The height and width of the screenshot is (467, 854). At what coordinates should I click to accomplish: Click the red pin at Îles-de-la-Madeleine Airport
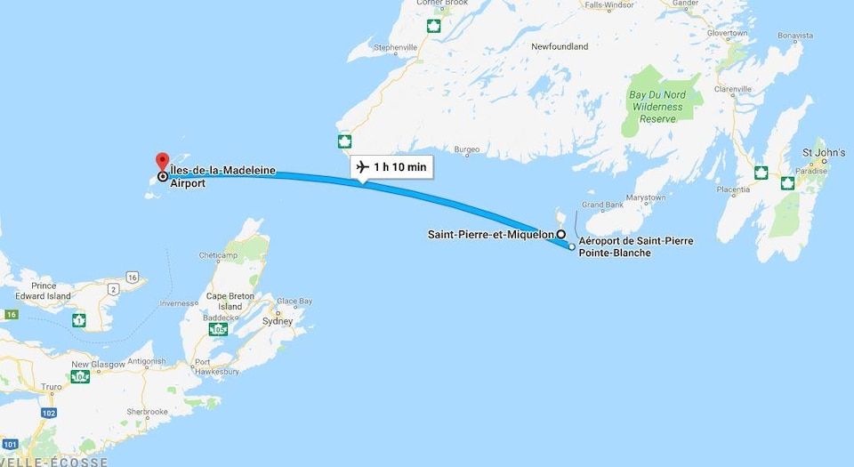pos(161,161)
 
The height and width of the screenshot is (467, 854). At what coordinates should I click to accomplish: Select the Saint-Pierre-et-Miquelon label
pos(490,235)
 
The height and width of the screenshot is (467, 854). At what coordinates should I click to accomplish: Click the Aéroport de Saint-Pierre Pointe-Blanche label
pos(635,246)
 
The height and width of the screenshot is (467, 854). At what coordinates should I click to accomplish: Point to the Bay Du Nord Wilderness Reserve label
pos(657,107)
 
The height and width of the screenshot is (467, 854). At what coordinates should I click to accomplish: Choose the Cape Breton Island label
pos(230,302)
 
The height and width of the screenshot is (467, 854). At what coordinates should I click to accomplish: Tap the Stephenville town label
pos(396,47)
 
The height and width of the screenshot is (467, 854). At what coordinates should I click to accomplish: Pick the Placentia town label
pos(734,189)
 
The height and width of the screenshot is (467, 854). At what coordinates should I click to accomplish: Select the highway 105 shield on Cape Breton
pos(218,330)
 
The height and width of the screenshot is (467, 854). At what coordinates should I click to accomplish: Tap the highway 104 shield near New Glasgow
pos(81,377)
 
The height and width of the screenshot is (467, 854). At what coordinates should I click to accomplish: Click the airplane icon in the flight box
pos(362,167)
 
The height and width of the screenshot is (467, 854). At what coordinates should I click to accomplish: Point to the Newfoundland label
pos(560,46)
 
